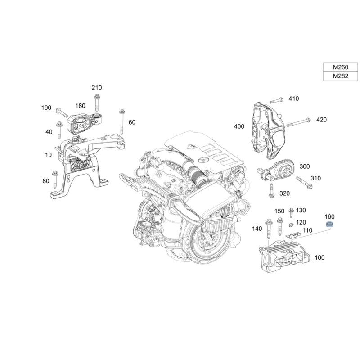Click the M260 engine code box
tap(341, 67)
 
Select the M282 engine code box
tap(341, 76)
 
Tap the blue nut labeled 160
tap(329, 224)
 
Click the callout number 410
tap(294, 99)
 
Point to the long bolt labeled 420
tap(298, 122)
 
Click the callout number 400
tap(239, 126)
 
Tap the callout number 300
tap(305, 166)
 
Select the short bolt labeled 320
tap(271, 191)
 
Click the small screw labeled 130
tap(291, 212)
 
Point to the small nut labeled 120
tap(291, 225)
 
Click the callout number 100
tap(319, 257)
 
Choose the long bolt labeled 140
tap(269, 229)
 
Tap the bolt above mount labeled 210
tap(97, 103)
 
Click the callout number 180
tap(81, 106)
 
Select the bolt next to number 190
tap(62, 112)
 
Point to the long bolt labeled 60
tap(121, 121)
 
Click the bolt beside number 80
tap(55, 179)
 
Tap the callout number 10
tap(49, 155)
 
